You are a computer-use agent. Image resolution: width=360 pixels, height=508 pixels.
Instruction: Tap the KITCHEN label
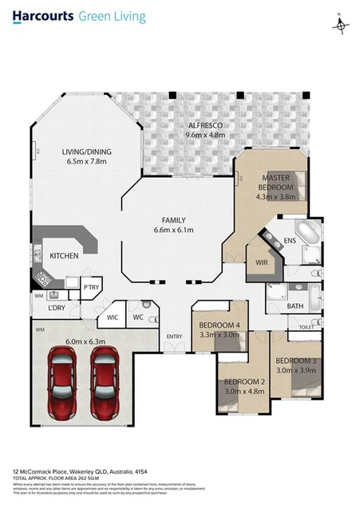[65, 257]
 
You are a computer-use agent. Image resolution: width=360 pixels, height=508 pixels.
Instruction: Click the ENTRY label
[174, 337]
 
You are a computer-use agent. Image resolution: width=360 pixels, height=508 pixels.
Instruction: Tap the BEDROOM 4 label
[219, 325]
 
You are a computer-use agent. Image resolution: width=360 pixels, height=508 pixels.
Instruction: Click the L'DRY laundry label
[56, 308]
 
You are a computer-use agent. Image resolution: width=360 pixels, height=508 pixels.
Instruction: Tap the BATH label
[295, 305]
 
